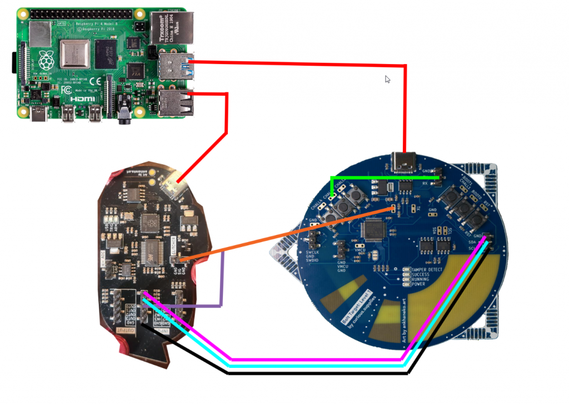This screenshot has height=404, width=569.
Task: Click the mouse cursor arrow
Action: tap(388, 80)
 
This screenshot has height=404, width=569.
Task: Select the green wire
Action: tap(383, 178)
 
